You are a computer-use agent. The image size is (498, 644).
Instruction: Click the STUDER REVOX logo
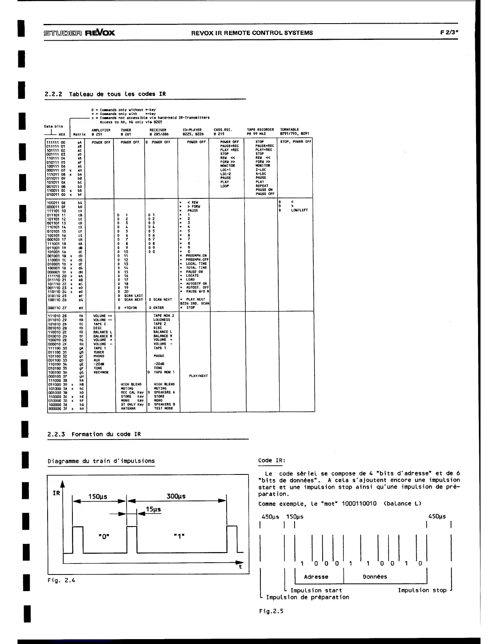tap(79, 33)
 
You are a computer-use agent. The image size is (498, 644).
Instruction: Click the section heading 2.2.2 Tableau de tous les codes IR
tap(105, 94)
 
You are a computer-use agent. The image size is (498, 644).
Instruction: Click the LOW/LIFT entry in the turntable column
tap(299, 210)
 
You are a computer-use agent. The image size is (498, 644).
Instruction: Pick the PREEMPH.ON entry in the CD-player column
tap(197, 255)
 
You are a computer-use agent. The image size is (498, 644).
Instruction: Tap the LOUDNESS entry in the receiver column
tap(162, 320)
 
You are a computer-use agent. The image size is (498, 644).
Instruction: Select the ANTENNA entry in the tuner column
tap(129, 408)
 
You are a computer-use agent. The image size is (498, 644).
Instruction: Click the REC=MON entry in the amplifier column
tap(101, 372)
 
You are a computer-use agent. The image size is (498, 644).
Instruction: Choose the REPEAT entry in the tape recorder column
tap(262, 186)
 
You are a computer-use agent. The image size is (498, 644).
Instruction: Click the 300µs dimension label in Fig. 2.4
tap(176, 496)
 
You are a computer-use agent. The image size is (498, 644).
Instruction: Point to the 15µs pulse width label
tap(153, 509)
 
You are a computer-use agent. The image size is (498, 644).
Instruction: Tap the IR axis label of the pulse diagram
tap(56, 493)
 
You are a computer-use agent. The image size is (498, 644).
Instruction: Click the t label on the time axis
tap(240, 567)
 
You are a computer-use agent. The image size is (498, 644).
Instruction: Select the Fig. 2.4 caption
tap(61, 580)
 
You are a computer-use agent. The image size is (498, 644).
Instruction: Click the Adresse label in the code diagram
tap(316, 577)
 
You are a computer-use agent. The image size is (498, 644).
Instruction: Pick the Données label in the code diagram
tap(375, 577)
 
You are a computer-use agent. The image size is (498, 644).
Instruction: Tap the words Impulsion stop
tap(422, 590)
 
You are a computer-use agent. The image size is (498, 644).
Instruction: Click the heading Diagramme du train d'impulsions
tap(101, 461)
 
